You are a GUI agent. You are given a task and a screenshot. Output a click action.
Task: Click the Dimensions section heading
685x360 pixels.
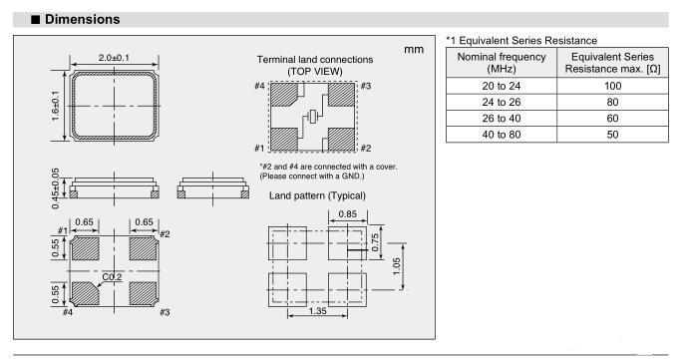(x=82, y=19)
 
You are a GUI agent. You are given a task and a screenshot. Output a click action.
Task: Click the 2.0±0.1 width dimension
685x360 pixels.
(x=114, y=58)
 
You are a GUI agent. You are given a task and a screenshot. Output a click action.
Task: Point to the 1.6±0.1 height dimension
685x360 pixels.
(x=55, y=106)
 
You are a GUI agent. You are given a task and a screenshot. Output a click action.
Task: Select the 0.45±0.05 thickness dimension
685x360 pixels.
(x=55, y=188)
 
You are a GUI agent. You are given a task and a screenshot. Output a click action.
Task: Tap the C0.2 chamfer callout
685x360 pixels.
(x=112, y=277)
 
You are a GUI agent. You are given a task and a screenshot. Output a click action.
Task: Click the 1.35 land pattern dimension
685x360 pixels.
(x=318, y=311)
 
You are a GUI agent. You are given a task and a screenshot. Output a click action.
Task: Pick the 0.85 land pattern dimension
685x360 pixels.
(x=348, y=214)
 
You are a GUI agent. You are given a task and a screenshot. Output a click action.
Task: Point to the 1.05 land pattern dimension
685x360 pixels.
(x=396, y=266)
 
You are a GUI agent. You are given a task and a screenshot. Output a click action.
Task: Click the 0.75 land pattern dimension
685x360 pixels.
(x=375, y=242)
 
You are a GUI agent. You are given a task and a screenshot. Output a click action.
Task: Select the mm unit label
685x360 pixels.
(x=414, y=50)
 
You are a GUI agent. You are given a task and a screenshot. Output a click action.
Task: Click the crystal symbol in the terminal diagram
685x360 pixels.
(x=312, y=117)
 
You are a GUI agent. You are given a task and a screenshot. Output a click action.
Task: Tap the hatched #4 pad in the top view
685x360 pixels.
(x=284, y=95)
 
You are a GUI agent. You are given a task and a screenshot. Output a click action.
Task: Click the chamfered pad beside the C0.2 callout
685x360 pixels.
(x=85, y=293)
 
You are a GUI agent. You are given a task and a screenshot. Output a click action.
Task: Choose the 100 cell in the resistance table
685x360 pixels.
(x=612, y=86)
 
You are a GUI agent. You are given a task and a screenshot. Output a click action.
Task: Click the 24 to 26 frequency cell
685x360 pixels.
(x=502, y=102)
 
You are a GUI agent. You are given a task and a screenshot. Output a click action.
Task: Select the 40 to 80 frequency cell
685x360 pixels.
(x=502, y=135)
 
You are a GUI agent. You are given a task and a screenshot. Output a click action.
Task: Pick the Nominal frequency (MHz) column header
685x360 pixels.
(x=502, y=63)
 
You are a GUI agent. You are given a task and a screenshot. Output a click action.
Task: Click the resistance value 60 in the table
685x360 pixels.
(x=612, y=118)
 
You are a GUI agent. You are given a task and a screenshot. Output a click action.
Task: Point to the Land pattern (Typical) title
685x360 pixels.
(x=318, y=195)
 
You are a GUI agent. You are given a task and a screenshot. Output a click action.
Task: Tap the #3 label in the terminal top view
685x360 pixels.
(x=366, y=86)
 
